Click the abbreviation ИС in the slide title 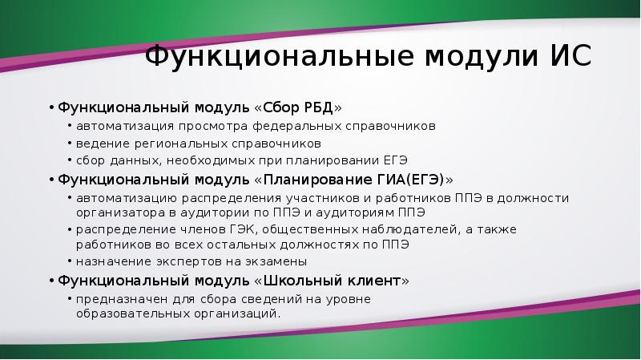click(570, 55)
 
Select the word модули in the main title click(481, 57)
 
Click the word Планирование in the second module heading click(317, 180)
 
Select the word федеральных click(296, 127)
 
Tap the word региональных click(181, 144)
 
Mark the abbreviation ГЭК click(243, 229)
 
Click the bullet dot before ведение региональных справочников click(71, 144)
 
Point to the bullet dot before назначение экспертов click(71, 261)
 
